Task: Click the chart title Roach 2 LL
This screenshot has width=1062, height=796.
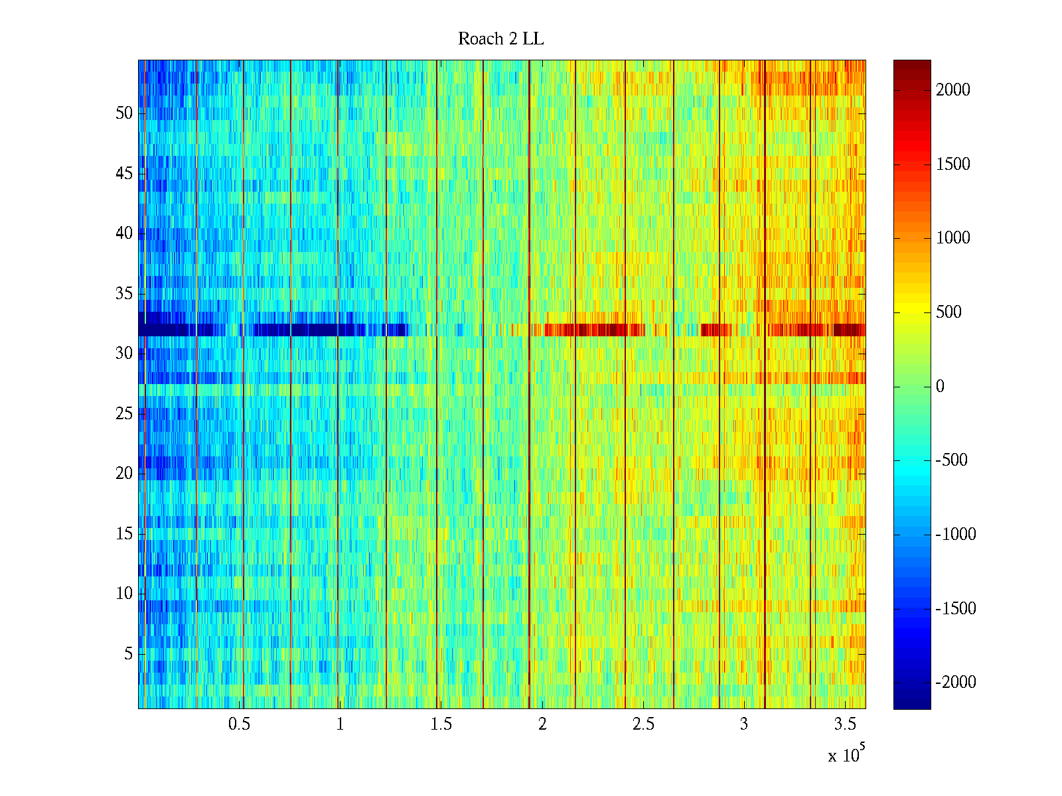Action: (500, 39)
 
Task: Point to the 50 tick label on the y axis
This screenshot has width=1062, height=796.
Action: (124, 113)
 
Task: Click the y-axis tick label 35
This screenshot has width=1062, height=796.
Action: (124, 294)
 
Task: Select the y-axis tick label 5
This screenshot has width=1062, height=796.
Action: (128, 654)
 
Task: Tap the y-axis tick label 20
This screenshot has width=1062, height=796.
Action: (124, 474)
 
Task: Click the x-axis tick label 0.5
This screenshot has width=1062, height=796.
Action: (239, 724)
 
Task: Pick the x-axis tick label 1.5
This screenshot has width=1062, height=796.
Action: (441, 724)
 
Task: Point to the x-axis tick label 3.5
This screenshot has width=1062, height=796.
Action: (845, 724)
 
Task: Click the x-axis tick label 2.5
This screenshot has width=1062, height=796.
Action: (643, 724)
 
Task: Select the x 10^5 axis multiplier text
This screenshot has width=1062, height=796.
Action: (846, 755)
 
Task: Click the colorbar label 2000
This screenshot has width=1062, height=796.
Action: (952, 90)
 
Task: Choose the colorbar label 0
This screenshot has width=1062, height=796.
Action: (940, 387)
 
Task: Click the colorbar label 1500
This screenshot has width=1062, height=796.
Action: (952, 165)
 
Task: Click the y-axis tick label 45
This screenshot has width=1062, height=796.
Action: (124, 174)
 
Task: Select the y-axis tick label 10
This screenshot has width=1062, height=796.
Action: (124, 594)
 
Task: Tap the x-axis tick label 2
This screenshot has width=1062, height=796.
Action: (542, 724)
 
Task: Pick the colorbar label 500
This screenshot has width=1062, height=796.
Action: (948, 312)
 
